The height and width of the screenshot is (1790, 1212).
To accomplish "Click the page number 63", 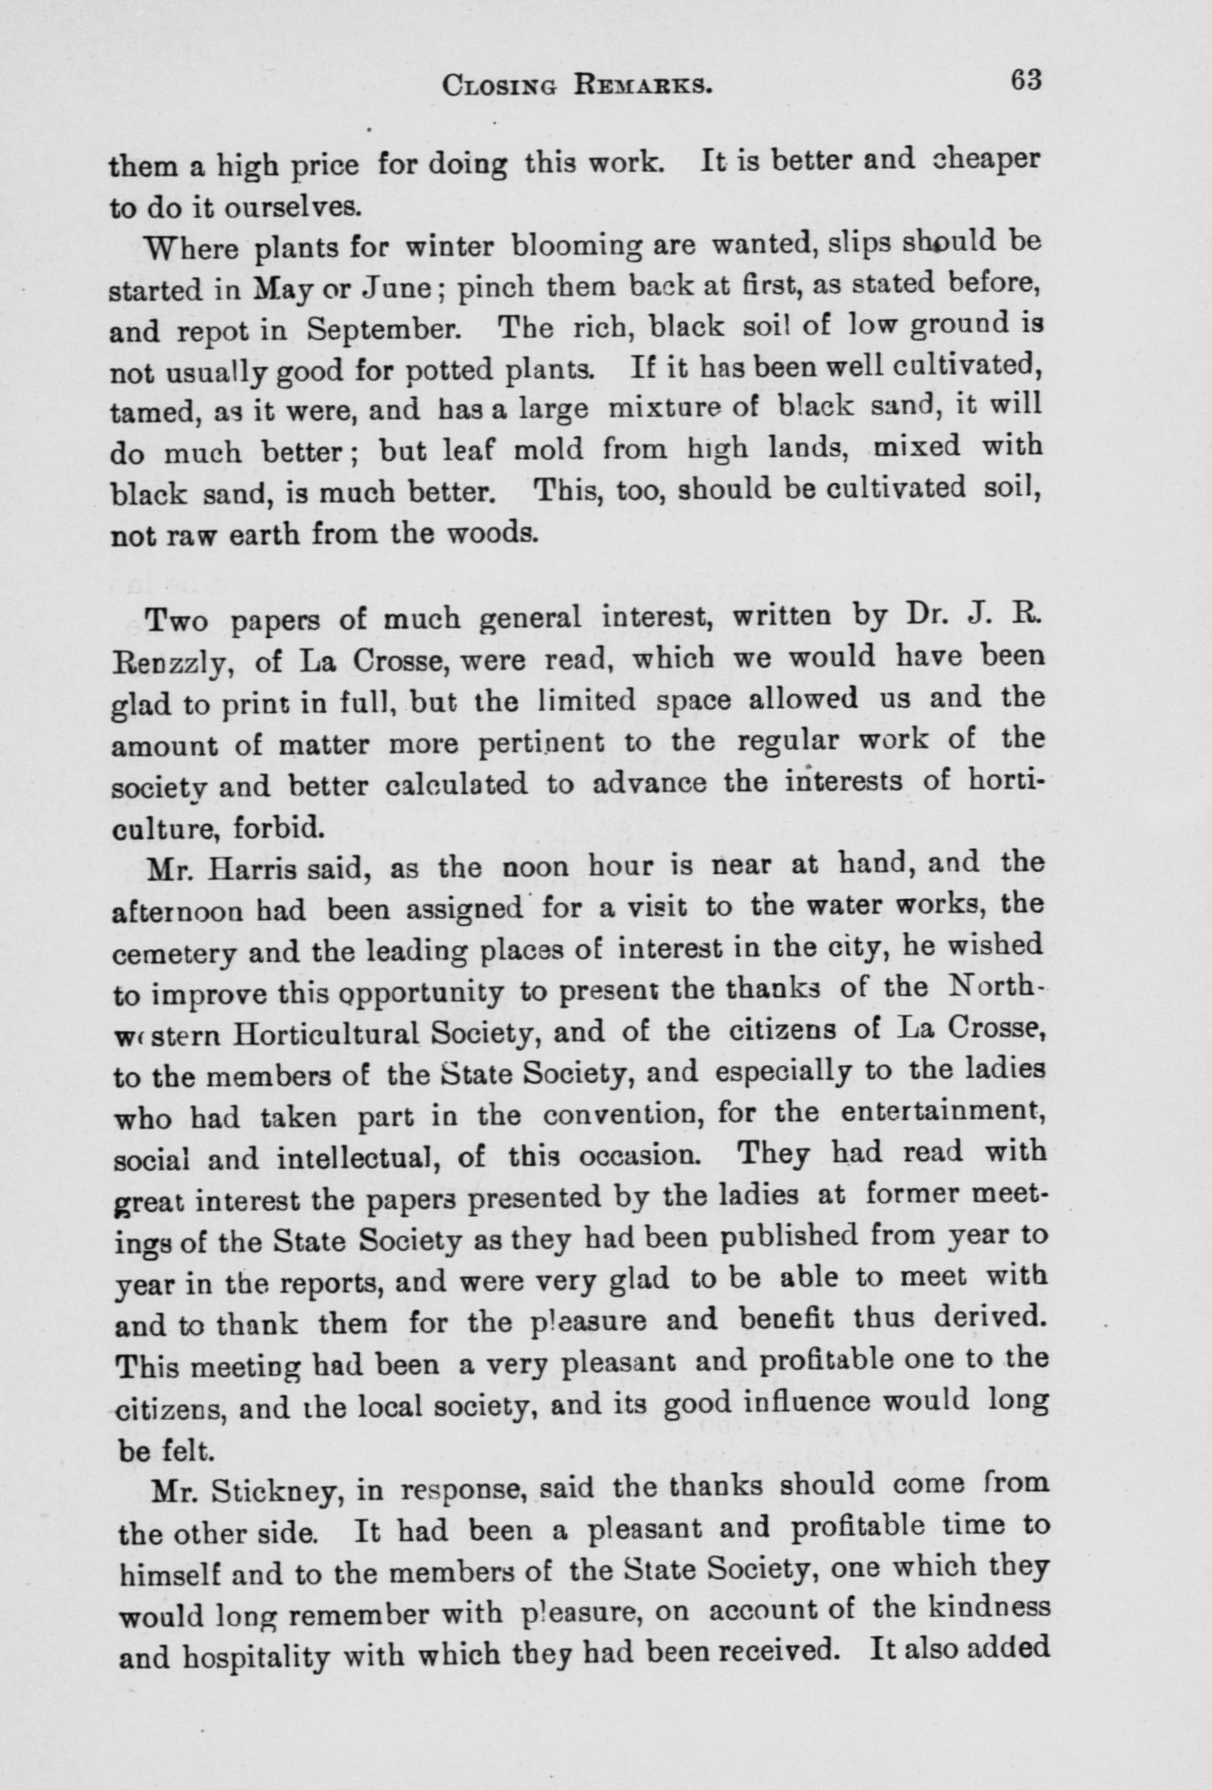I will tap(1026, 82).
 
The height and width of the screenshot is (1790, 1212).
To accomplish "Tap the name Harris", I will tap(251, 869).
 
